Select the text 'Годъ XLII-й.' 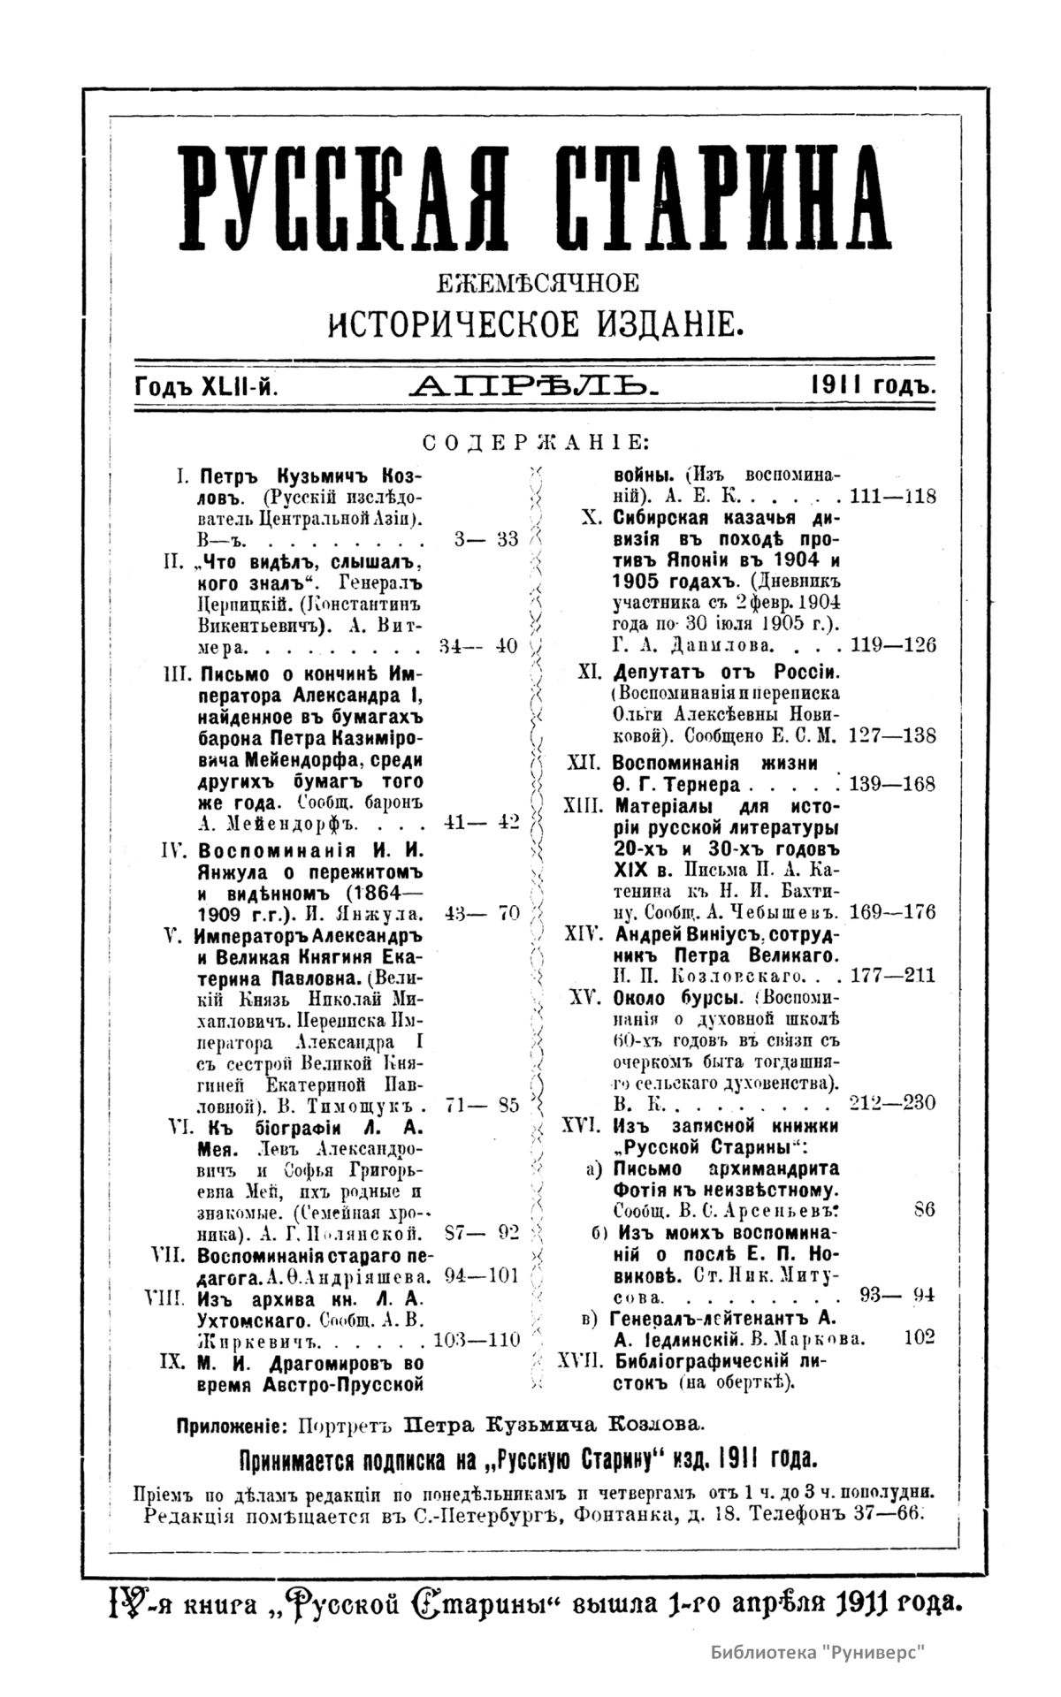tap(208, 385)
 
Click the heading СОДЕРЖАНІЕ tap(536, 442)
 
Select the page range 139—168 tap(891, 784)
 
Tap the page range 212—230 tap(891, 1103)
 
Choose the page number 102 tap(920, 1338)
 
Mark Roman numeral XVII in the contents tap(580, 1362)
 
